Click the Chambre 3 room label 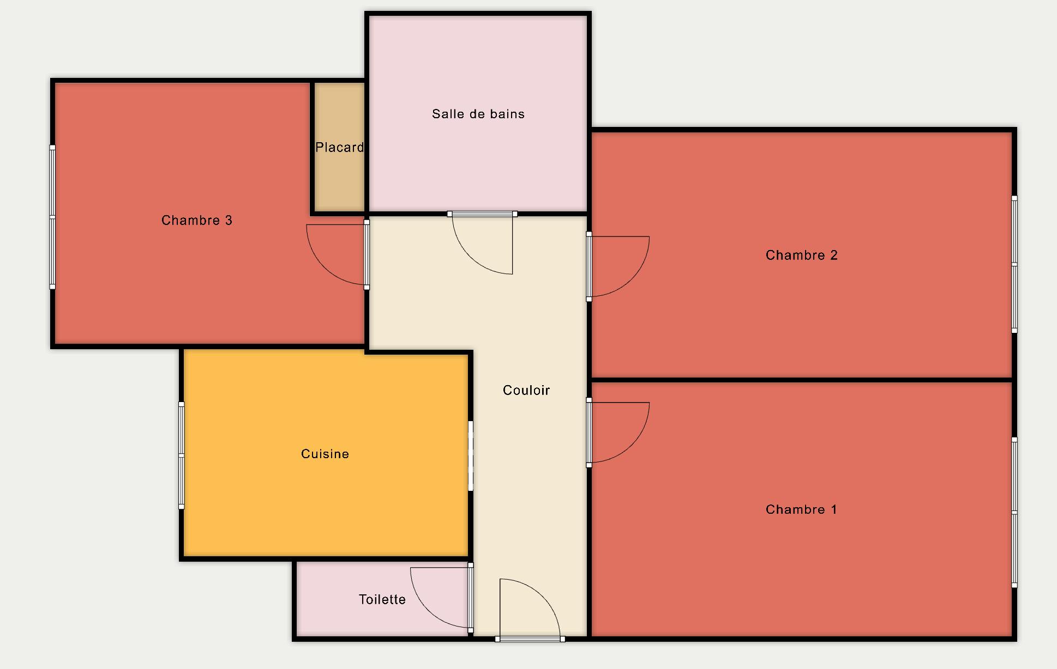tap(197, 220)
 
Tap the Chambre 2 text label tap(801, 255)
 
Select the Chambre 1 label tap(801, 509)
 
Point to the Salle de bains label tap(478, 114)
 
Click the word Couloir tap(526, 390)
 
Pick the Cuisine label tap(325, 454)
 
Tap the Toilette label tap(382, 599)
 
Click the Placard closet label tap(339, 147)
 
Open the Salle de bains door tap(483, 242)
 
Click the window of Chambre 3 tap(52, 217)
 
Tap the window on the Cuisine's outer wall tap(182, 455)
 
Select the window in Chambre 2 tap(1014, 264)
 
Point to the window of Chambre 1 tap(1014, 512)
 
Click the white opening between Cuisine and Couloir tap(471, 455)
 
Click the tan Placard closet tap(340, 147)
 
